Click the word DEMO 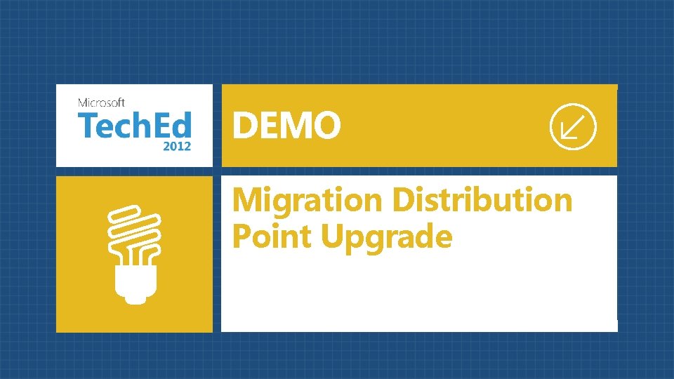click(x=286, y=127)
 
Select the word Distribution click(x=482, y=200)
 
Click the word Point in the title click(x=271, y=237)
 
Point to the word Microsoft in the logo click(x=102, y=102)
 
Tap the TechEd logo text click(x=133, y=126)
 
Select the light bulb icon click(x=134, y=253)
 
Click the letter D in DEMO click(x=245, y=127)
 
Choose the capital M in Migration click(x=247, y=200)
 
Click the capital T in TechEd click(x=87, y=126)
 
